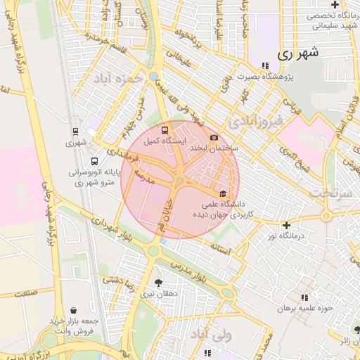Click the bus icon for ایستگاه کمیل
tap(165, 130)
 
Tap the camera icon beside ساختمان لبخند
tap(214, 138)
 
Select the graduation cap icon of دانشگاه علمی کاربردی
tap(224, 194)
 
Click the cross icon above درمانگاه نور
tap(286, 225)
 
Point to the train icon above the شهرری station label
tap(75, 131)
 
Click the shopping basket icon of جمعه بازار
tap(74, 310)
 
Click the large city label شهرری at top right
tap(298, 53)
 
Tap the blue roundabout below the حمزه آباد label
tap(154, 76)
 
